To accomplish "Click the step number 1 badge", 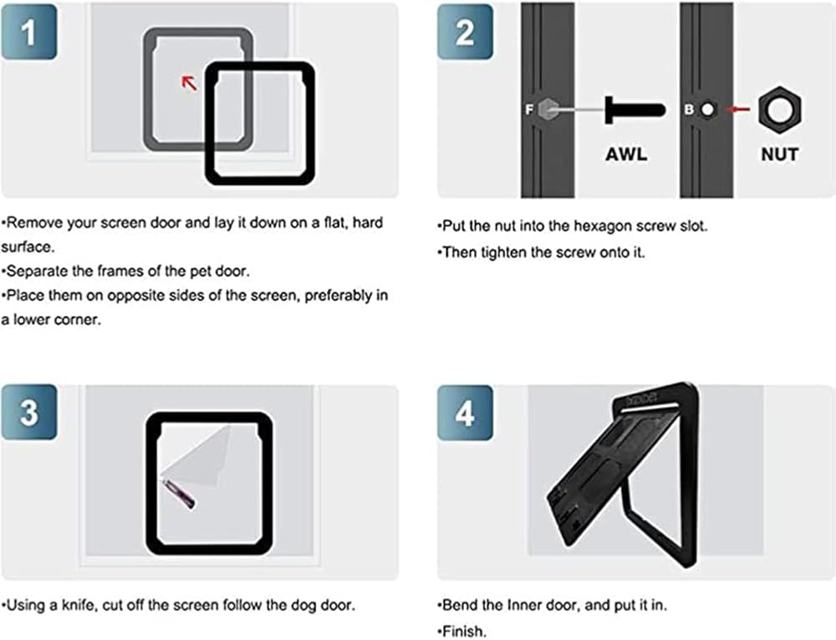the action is pyautogui.click(x=29, y=32).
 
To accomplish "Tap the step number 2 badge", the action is pyautogui.click(x=465, y=32).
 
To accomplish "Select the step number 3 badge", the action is pyautogui.click(x=29, y=412).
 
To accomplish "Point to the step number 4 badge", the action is pyautogui.click(x=465, y=413).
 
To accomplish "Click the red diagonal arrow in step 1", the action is pyautogui.click(x=189, y=83).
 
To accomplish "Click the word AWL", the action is pyautogui.click(x=626, y=154).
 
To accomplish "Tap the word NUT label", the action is pyautogui.click(x=779, y=155).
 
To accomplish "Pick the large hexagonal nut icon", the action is pyautogui.click(x=780, y=110).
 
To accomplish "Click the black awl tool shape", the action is pyautogui.click(x=635, y=110).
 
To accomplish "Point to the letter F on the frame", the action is pyautogui.click(x=529, y=109).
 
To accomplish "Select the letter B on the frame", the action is pyautogui.click(x=689, y=109).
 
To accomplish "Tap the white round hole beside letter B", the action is pyautogui.click(x=707, y=109).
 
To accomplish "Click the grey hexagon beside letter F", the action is pyautogui.click(x=548, y=109).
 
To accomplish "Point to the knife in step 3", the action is pyautogui.click(x=179, y=494).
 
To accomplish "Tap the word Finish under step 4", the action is pyautogui.click(x=465, y=632).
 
